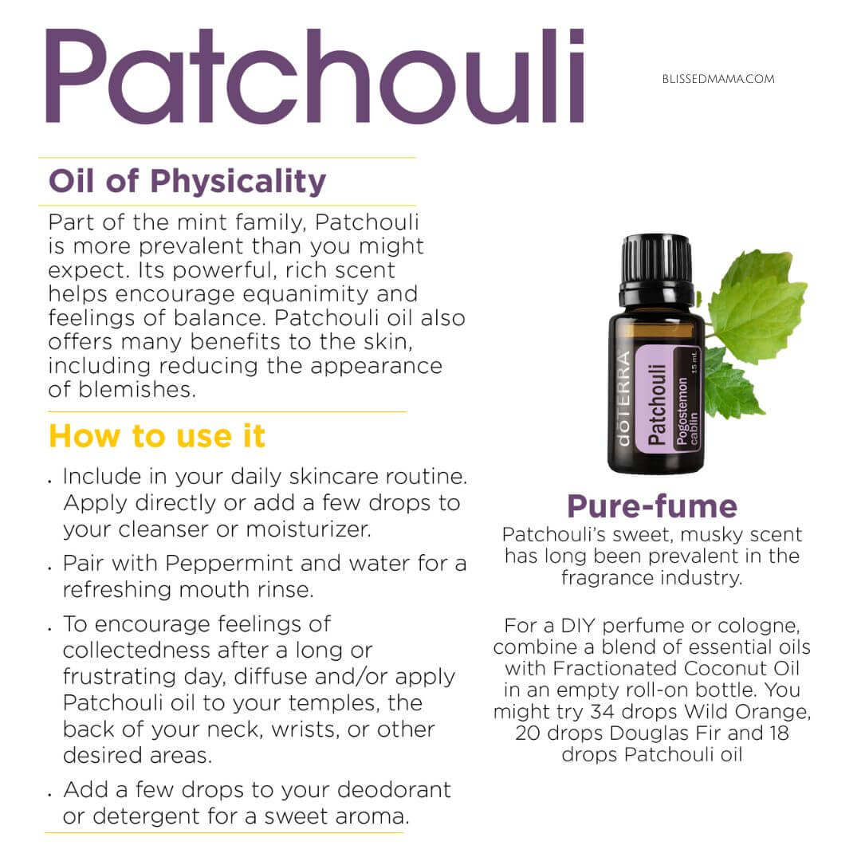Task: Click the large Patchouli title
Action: coord(315,76)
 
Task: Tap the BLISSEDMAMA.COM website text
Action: coord(718,79)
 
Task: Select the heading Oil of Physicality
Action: coord(187,182)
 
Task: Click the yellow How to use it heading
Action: coord(157,436)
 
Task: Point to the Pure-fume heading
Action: coord(652,506)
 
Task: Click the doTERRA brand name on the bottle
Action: coord(623,398)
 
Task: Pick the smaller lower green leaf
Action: coord(731,383)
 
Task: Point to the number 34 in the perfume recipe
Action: coord(602,712)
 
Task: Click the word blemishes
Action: coord(137,390)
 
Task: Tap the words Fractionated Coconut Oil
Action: coord(676,668)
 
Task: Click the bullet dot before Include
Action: coord(50,482)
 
